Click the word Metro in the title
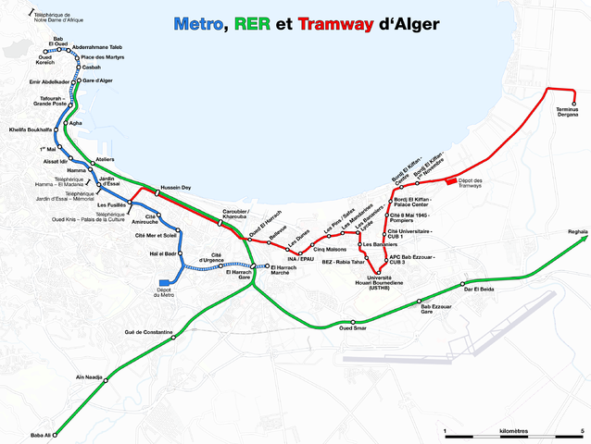[197, 24]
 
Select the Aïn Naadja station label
[87, 377]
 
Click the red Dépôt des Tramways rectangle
[451, 180]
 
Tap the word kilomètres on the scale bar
[512, 432]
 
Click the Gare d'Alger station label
[99, 81]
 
